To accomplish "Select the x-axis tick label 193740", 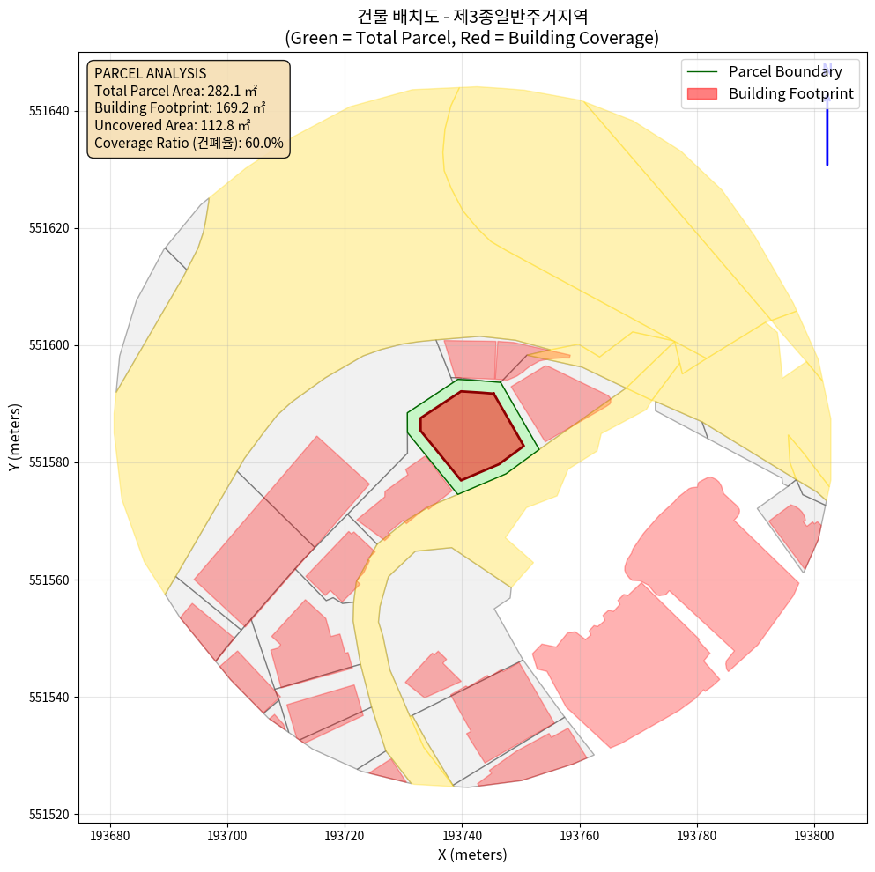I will pos(462,833).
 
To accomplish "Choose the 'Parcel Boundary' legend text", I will pos(791,71).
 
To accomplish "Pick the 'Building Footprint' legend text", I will pos(791,93).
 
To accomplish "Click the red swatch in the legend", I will pos(701,93).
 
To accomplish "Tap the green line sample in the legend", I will pos(701,71).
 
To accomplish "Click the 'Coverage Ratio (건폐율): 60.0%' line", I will pos(189,143).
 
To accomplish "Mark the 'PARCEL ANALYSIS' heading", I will pos(150,73).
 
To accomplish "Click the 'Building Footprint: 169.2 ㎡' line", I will pos(180,107).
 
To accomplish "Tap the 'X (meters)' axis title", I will pos(472,854).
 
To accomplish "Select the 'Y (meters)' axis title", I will pos(15,438).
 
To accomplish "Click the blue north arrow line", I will pos(827,132).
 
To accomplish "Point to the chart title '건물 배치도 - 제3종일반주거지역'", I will pos(472,16).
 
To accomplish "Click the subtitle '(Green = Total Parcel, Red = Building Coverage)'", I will pos(472,38).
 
